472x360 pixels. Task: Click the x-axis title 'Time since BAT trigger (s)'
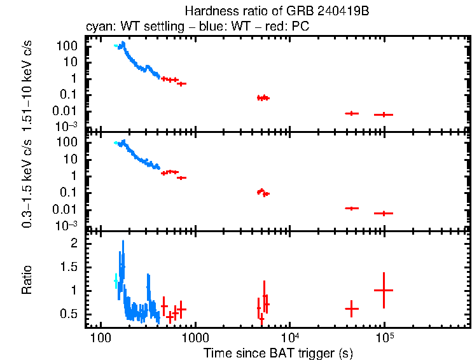coord(278,352)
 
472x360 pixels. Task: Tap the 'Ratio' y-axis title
coord(27,280)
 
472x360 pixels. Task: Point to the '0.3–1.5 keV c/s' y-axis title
coord(27,181)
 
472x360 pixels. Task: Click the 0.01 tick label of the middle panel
coord(67,209)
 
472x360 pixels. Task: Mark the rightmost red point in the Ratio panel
coord(384,290)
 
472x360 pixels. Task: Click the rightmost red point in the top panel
coord(384,114)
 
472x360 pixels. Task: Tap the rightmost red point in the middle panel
coord(384,213)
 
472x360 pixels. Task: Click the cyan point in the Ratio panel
coord(116,280)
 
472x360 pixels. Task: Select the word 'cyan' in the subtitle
coord(97,27)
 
